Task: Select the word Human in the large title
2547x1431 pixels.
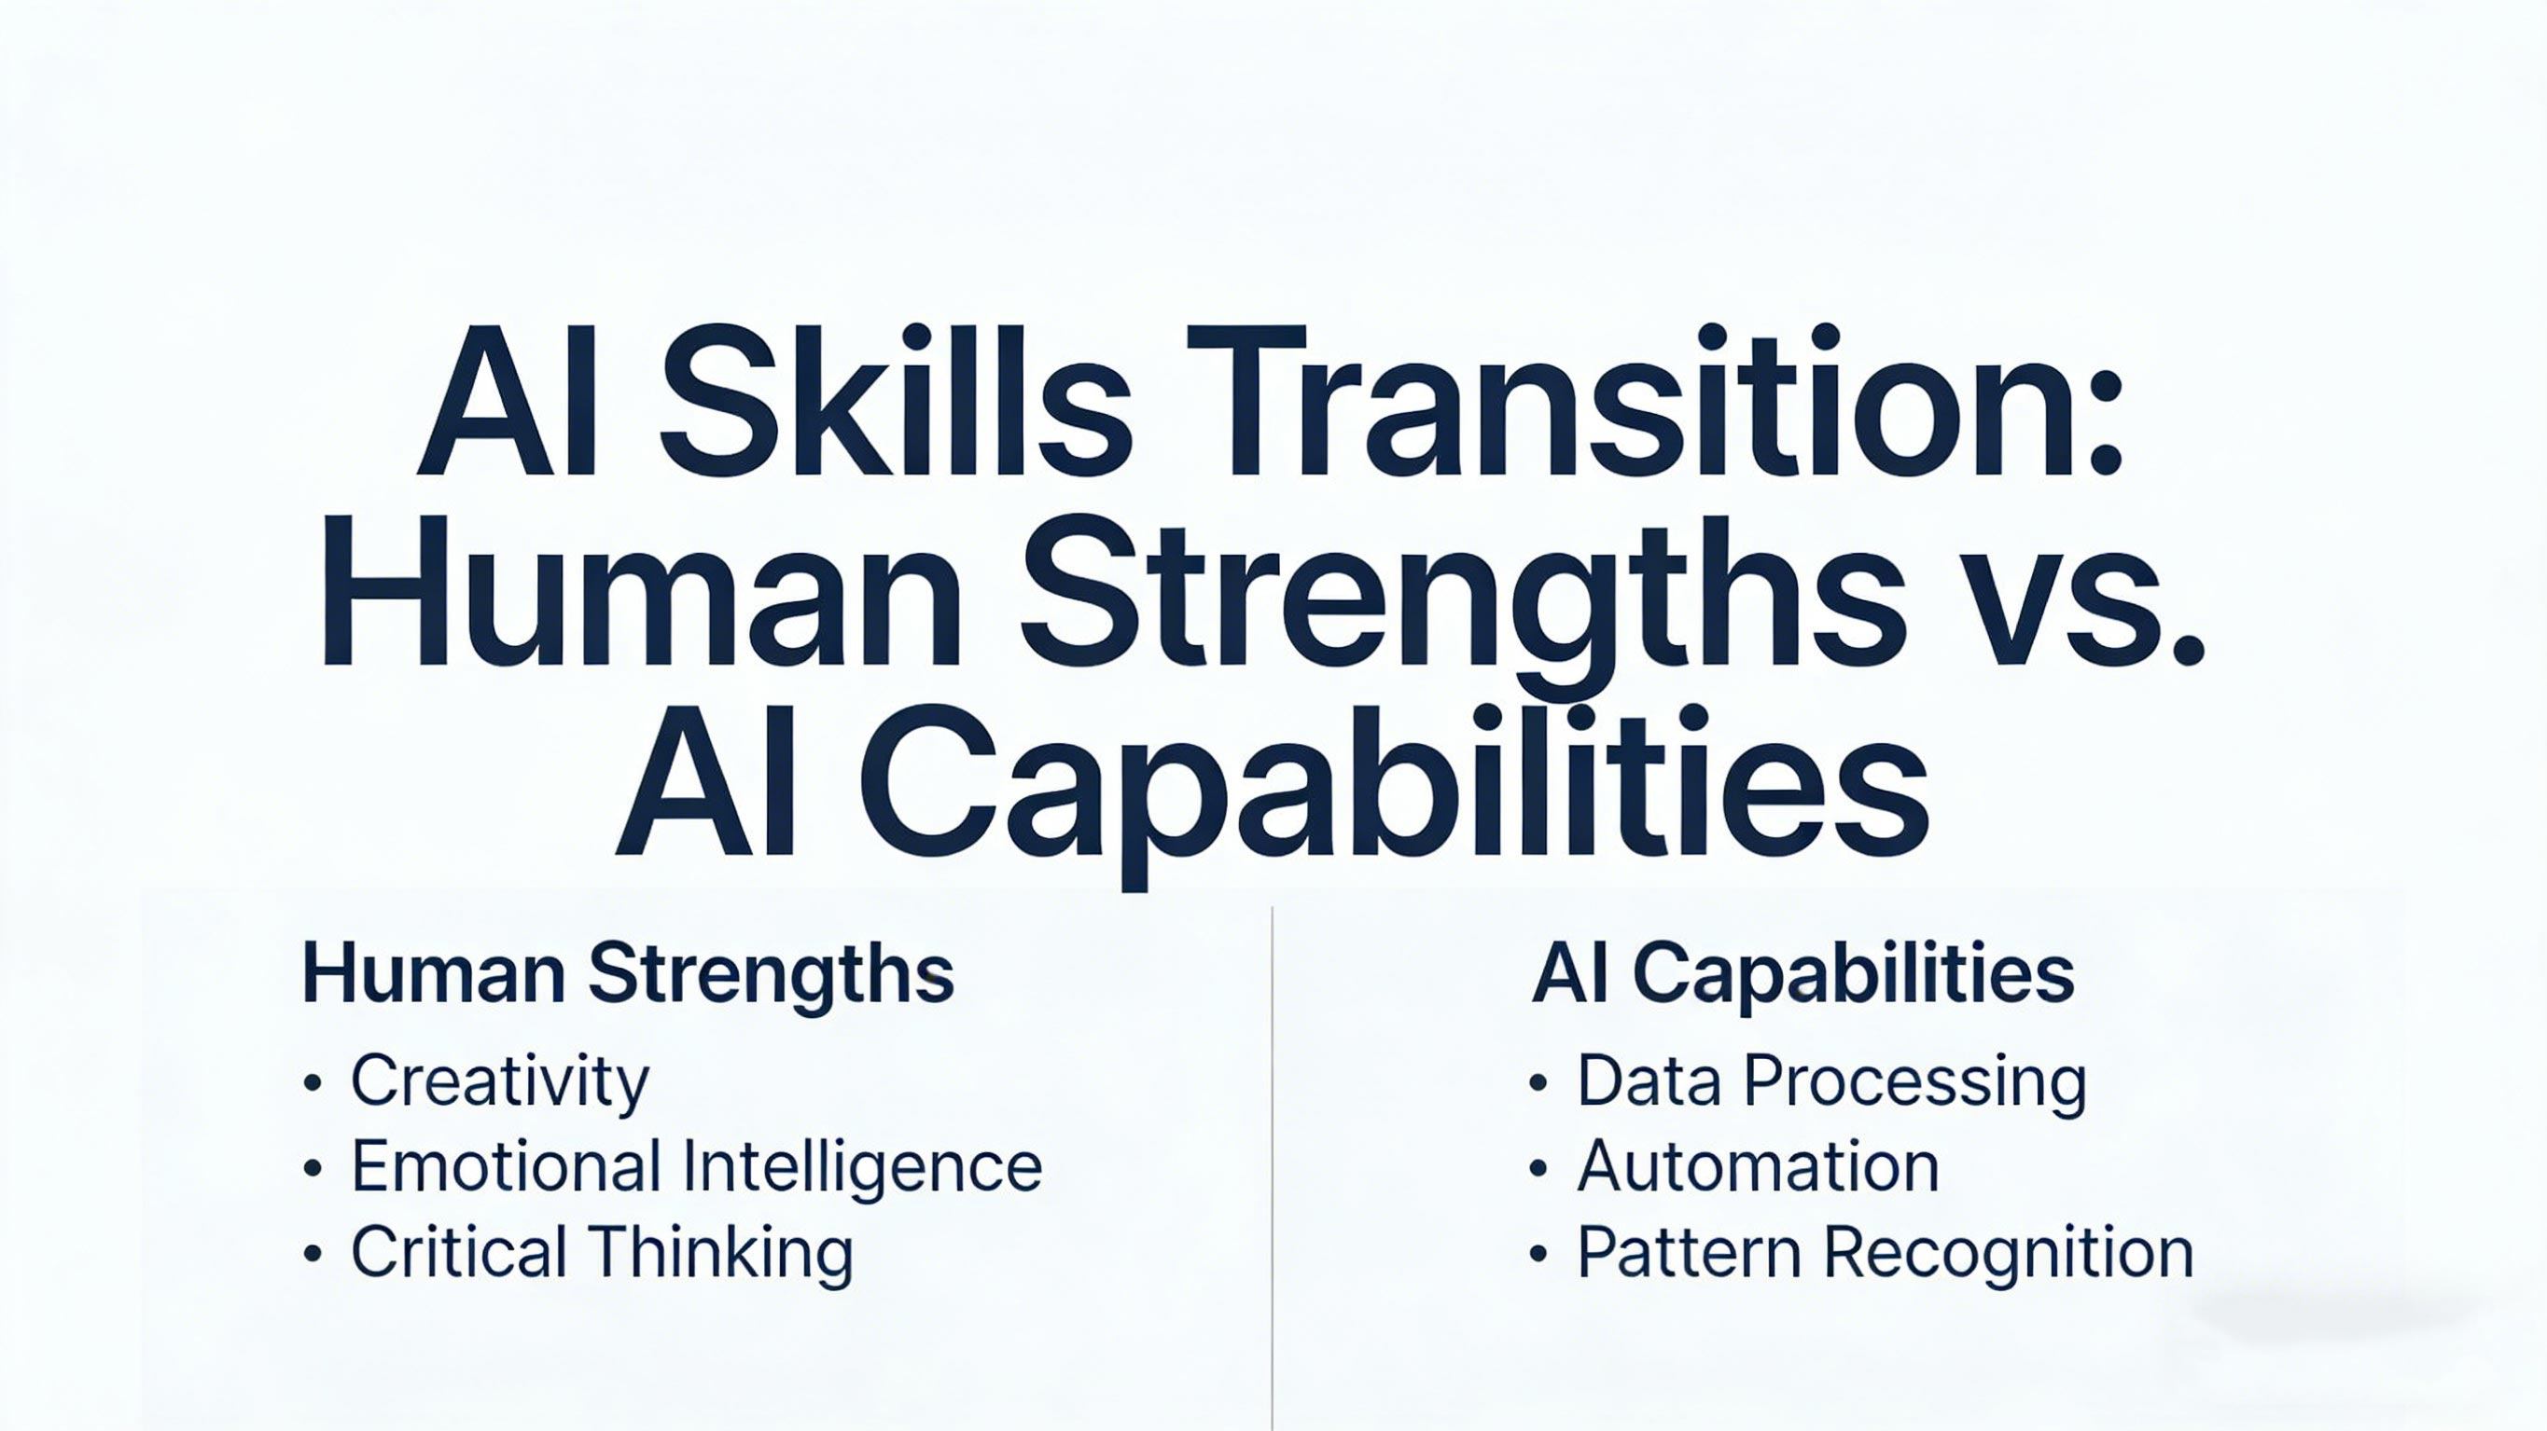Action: point(641,590)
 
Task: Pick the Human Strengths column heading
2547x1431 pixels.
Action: point(628,976)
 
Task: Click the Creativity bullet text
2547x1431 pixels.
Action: point(500,1082)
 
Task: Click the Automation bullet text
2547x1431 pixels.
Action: point(1757,1167)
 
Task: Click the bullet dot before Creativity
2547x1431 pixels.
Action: point(313,1084)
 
